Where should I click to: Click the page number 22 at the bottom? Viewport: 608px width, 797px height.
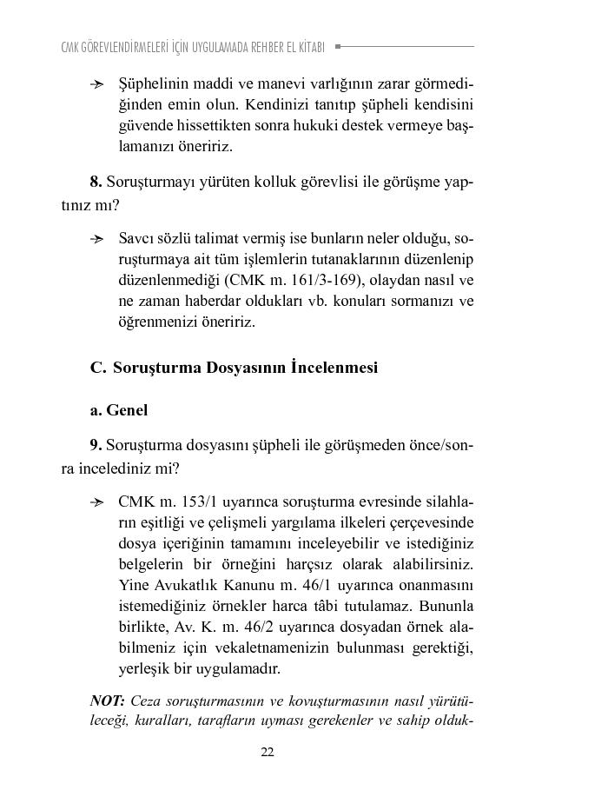coord(268,752)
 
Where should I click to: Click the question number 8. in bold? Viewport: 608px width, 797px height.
coord(96,183)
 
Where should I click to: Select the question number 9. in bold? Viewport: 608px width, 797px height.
coord(96,445)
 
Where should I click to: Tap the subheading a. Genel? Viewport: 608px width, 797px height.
coord(119,410)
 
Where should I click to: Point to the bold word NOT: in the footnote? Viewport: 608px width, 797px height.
coord(108,701)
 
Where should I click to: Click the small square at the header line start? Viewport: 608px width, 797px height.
coord(338,46)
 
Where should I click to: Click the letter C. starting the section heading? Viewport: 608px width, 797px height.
coord(97,367)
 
